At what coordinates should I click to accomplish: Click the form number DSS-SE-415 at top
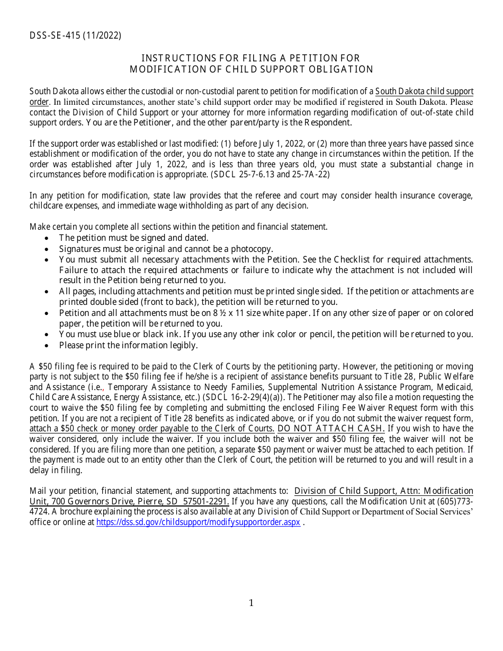point(62,36)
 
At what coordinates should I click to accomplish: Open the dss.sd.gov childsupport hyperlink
point(198,522)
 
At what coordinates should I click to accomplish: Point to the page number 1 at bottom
point(251,603)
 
